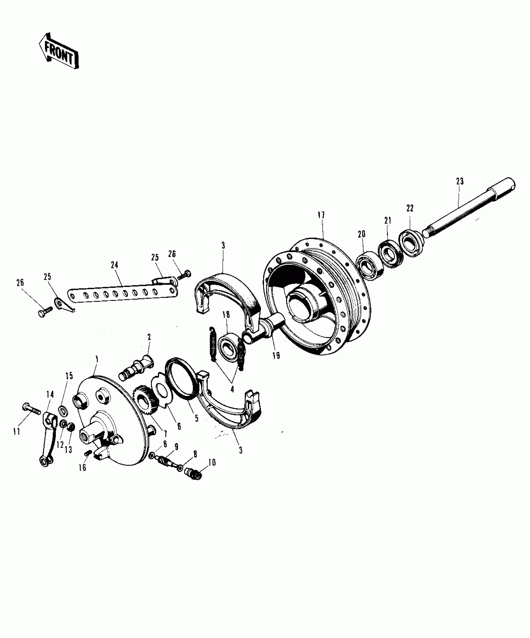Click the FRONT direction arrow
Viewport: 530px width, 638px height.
59,51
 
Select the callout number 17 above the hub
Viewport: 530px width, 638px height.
321,215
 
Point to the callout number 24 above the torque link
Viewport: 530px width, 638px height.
114,265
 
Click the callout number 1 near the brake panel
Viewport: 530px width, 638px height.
97,359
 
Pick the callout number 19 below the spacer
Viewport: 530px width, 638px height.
276,355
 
